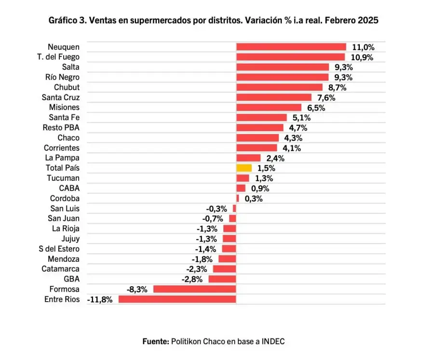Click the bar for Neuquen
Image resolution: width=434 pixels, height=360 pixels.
(291, 47)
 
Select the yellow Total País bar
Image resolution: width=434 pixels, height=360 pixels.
(244, 168)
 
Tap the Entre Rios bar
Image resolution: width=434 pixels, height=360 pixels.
(177, 299)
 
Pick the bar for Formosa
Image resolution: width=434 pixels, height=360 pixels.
(195, 289)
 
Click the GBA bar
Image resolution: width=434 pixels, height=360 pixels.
(222, 279)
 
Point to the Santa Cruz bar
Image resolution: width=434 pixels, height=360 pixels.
(273, 97)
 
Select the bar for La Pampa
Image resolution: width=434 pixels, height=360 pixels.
(248, 158)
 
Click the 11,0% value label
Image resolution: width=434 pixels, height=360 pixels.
(363, 47)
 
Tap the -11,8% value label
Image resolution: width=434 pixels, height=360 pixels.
(100, 300)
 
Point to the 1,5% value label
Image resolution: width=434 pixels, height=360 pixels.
(266, 168)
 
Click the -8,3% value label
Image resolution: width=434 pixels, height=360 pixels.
(137, 290)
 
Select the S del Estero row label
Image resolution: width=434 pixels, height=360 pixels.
(59, 249)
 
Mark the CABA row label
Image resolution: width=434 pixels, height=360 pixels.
(69, 188)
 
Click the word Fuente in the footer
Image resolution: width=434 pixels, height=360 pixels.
(155, 341)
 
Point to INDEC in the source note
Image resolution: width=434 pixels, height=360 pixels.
(273, 341)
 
